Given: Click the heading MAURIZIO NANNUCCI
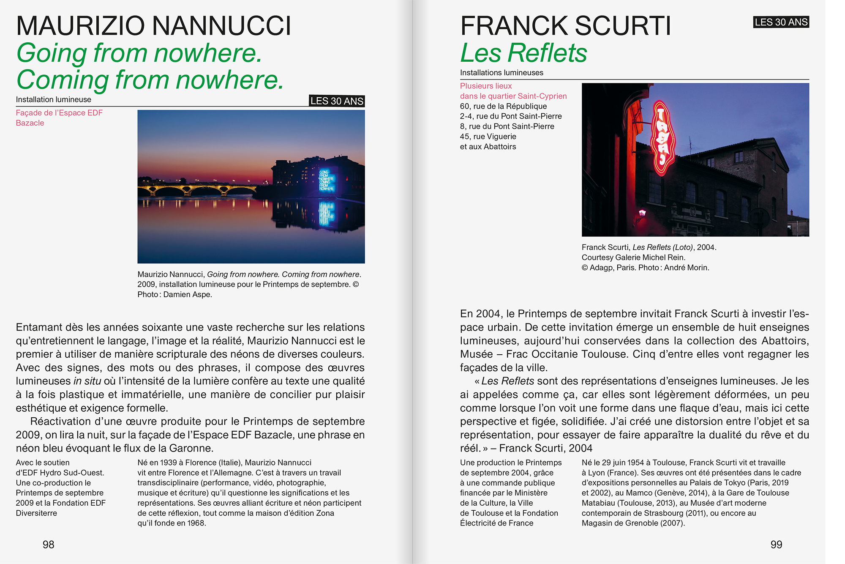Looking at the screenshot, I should (x=153, y=26).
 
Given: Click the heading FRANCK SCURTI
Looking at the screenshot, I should (x=565, y=26).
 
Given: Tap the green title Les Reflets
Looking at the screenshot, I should (x=523, y=53).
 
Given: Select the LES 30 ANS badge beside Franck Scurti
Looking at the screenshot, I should (x=781, y=22).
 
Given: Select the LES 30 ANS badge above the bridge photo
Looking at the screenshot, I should (x=337, y=101).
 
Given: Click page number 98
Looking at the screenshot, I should (x=49, y=545).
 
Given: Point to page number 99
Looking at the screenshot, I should (x=776, y=545).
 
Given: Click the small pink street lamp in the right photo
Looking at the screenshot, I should (x=643, y=212).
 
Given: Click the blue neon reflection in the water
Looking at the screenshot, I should (x=327, y=214).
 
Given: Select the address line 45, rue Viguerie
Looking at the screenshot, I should (x=488, y=137).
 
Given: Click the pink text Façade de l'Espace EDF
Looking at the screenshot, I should (x=59, y=113).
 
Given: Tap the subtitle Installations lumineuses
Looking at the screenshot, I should (x=502, y=73).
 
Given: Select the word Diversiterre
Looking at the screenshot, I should (x=36, y=513).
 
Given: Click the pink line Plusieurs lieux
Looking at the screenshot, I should (x=486, y=86).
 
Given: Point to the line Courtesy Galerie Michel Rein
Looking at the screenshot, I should (x=633, y=257).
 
